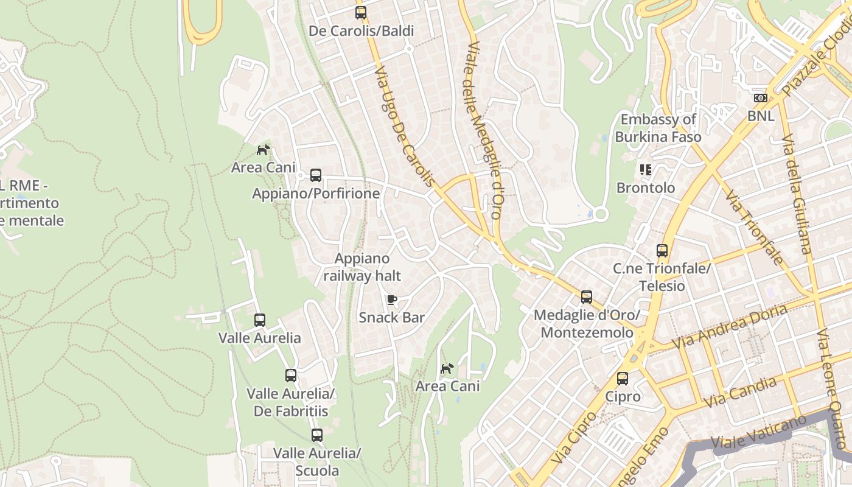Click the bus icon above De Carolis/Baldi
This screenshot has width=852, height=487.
(x=361, y=12)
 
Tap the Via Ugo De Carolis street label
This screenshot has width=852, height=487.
(x=405, y=127)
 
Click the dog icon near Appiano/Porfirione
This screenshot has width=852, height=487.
(x=263, y=150)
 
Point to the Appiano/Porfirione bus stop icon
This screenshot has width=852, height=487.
(x=315, y=175)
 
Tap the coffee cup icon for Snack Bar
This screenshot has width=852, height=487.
(x=392, y=300)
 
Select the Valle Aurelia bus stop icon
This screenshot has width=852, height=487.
(x=260, y=320)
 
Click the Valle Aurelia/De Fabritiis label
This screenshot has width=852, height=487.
(x=291, y=402)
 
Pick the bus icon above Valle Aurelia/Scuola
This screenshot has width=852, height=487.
(x=316, y=435)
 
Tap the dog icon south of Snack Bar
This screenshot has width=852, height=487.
(x=447, y=368)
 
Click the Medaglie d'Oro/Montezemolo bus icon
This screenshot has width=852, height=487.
(x=586, y=297)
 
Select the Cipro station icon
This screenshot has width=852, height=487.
(x=622, y=379)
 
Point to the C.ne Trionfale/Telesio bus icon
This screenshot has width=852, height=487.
(x=662, y=250)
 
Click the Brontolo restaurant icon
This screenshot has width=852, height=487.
(x=646, y=170)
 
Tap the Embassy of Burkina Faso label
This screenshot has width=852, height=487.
(x=658, y=128)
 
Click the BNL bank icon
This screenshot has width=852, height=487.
(x=760, y=98)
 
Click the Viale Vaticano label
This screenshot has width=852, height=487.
(x=752, y=433)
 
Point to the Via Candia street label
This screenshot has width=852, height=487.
(x=740, y=393)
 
